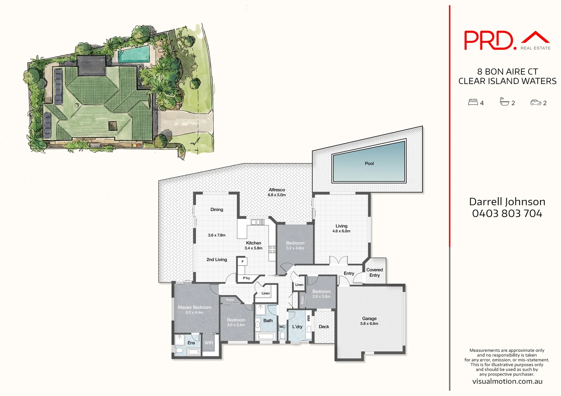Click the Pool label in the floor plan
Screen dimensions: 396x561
tap(369, 164)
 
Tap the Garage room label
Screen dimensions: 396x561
tap(369, 319)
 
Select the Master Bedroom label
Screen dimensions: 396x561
tap(195, 307)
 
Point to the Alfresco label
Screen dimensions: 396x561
tap(277, 190)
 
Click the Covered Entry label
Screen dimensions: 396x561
tap(374, 272)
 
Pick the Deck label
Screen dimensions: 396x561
tap(324, 327)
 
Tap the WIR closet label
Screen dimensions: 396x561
tap(209, 343)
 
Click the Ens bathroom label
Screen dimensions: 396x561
tap(191, 343)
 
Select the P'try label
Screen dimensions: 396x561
tap(246, 278)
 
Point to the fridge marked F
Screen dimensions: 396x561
tap(243, 262)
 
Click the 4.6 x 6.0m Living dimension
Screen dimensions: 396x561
tap(341, 231)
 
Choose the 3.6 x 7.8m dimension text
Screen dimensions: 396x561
tap(217, 235)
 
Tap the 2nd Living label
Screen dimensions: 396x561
tap(217, 260)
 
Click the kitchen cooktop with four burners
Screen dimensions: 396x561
tap(272, 250)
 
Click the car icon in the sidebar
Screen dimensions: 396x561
tap(536, 103)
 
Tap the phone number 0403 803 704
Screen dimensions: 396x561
tap(507, 213)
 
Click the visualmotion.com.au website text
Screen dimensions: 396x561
tap(507, 381)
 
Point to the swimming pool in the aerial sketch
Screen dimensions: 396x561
tap(134, 54)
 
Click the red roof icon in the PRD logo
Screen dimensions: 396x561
tap(535, 37)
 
